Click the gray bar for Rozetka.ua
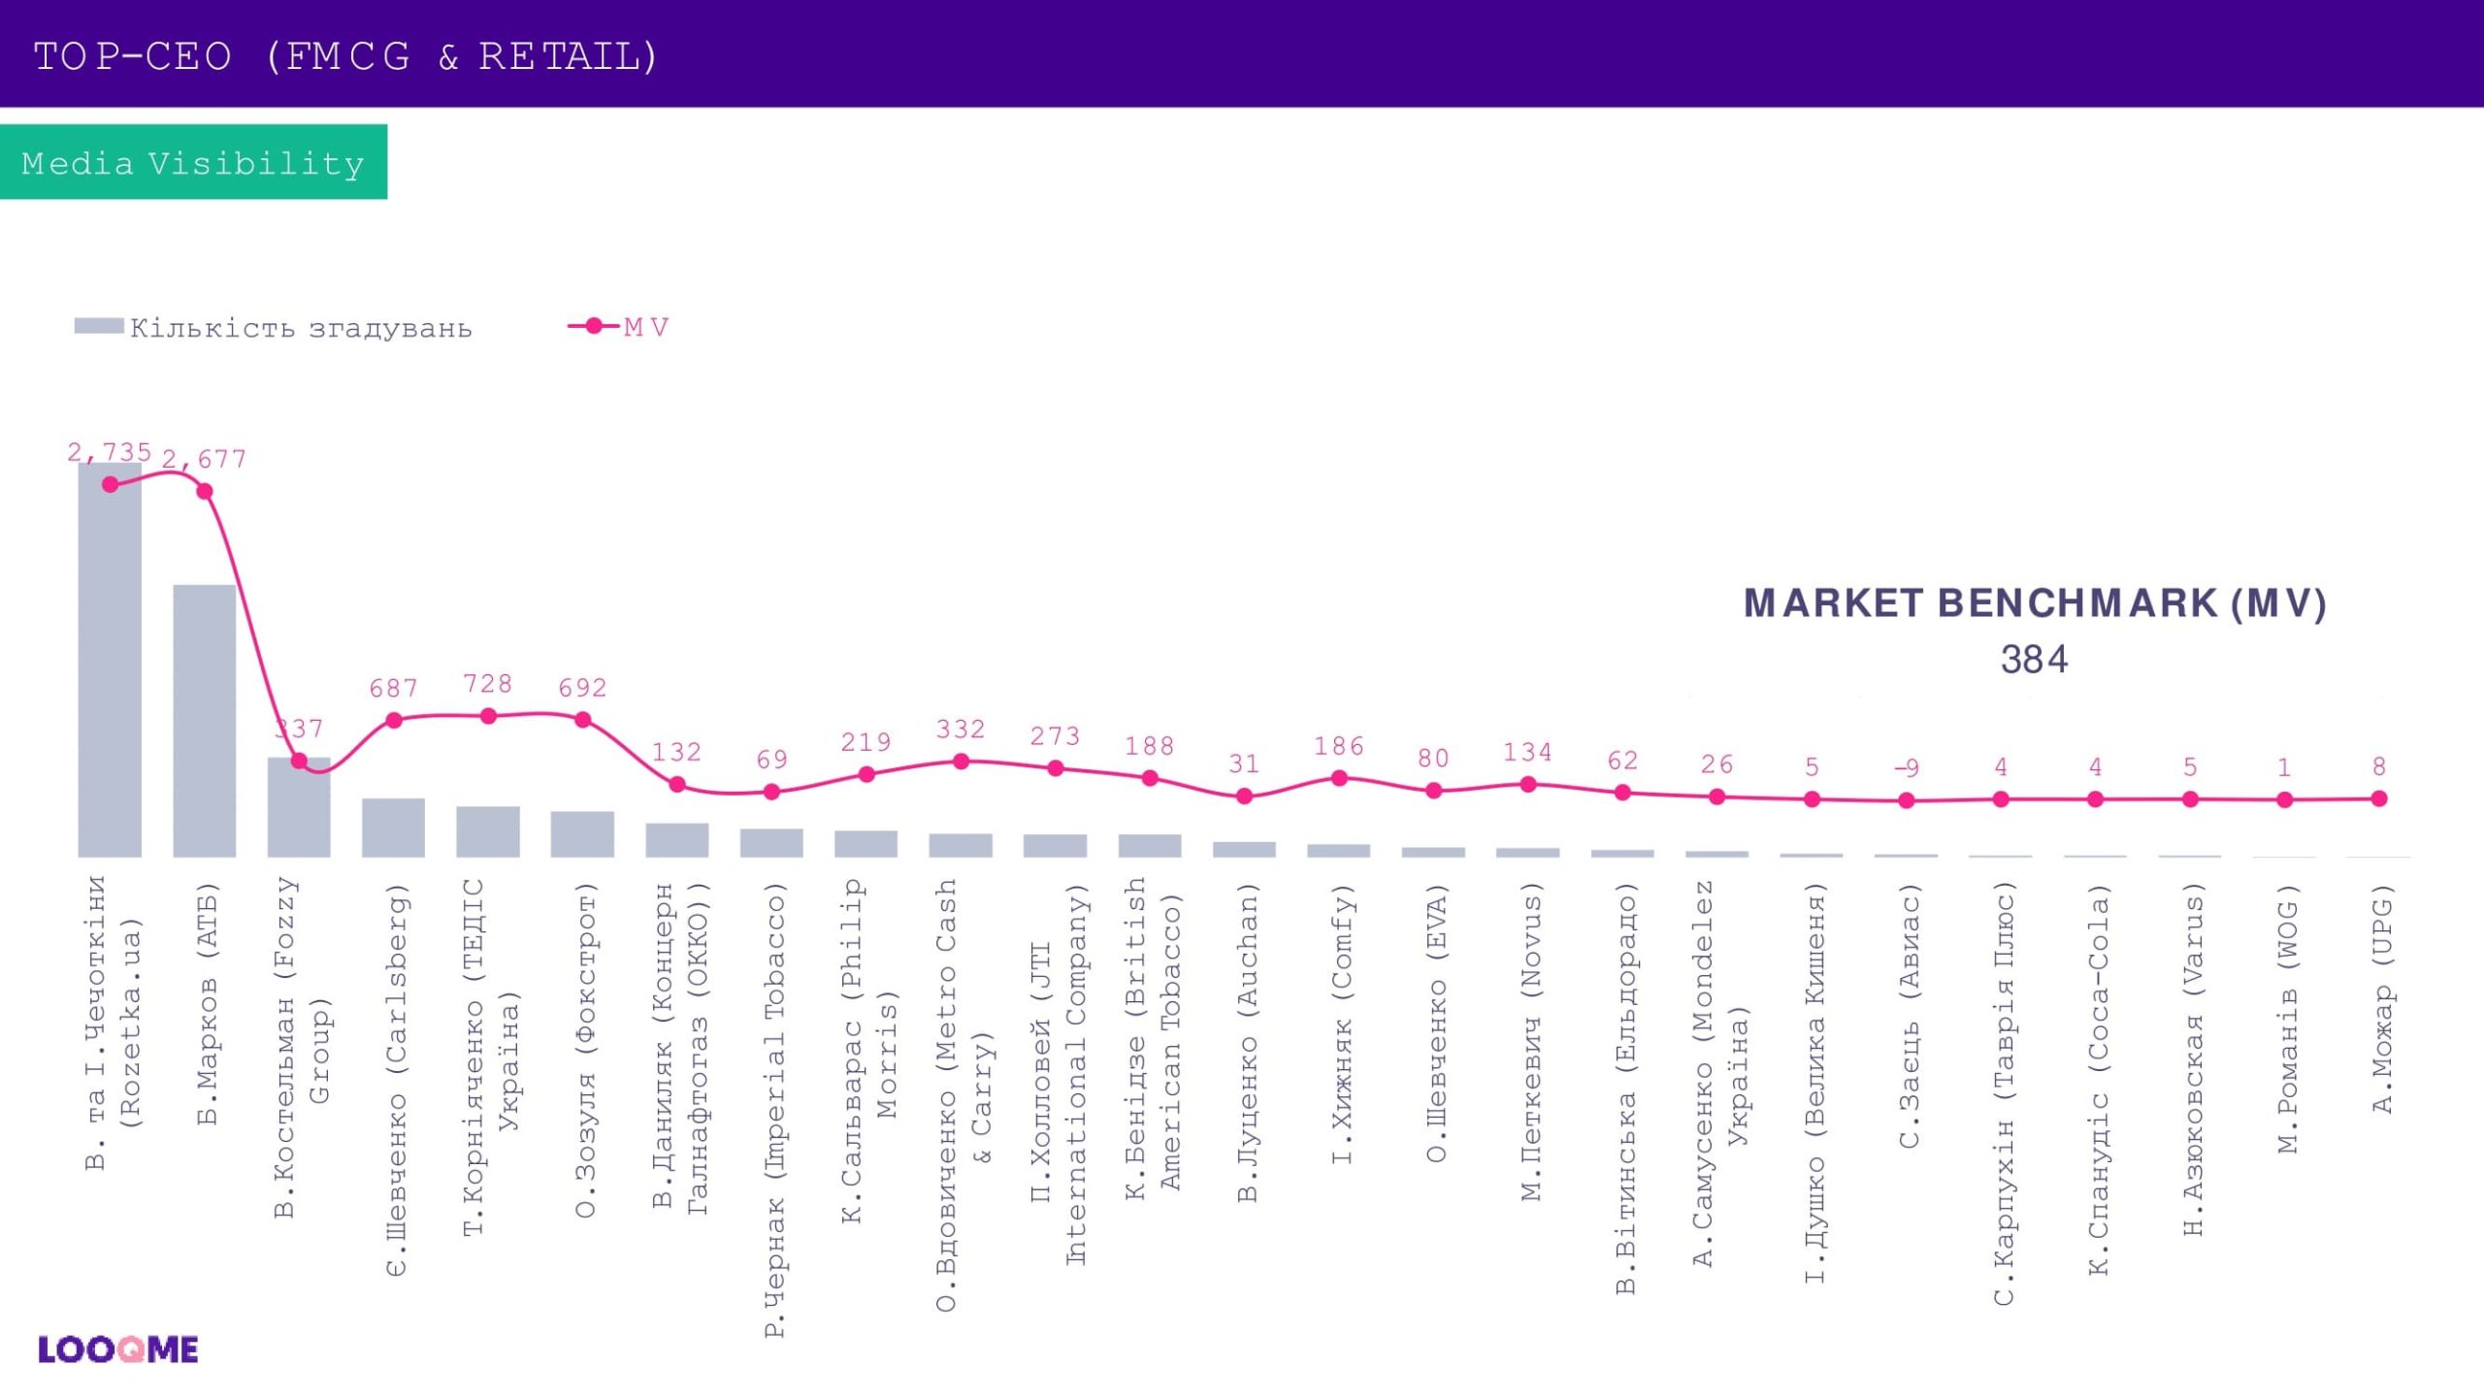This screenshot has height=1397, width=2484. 110,669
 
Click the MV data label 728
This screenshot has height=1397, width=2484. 487,684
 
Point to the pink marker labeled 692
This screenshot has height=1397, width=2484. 582,720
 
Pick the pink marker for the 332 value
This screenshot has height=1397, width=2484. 961,762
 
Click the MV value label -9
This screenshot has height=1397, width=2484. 1907,768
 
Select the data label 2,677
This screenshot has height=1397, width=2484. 204,459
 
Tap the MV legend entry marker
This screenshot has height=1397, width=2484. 594,327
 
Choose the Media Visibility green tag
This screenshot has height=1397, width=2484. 193,162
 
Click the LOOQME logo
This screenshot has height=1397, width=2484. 118,1349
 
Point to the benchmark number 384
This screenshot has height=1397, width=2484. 2034,660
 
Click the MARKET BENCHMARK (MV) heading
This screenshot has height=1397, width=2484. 2035,603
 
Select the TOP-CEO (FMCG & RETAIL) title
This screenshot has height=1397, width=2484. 346,56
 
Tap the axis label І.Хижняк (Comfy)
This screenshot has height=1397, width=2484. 1340,1023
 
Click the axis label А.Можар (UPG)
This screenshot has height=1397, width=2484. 2382,999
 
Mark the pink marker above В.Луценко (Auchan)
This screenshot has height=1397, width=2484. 1244,796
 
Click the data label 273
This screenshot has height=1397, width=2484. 1055,736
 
